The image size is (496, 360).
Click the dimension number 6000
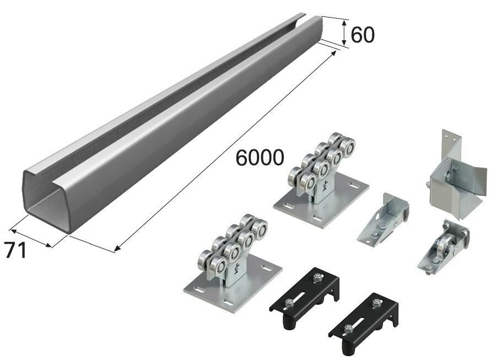pos(260,158)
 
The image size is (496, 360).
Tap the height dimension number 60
pos(363,35)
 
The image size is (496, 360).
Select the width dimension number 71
pos(15,250)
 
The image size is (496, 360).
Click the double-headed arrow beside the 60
pos(344,32)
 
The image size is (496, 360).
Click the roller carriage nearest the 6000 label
pos(321,183)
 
